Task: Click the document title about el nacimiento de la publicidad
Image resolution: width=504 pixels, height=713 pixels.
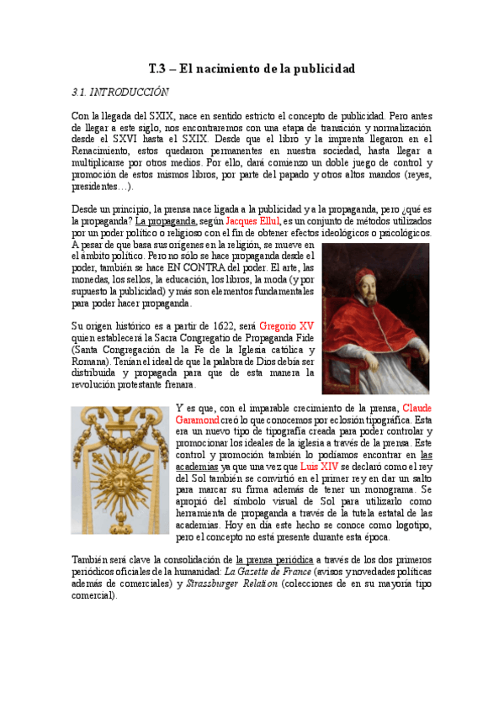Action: [252, 68]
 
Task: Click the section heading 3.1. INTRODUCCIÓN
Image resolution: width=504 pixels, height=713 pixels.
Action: [121, 92]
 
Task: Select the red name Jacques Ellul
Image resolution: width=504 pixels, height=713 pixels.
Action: [254, 220]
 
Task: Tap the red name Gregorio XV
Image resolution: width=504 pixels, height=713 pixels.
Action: [287, 325]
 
